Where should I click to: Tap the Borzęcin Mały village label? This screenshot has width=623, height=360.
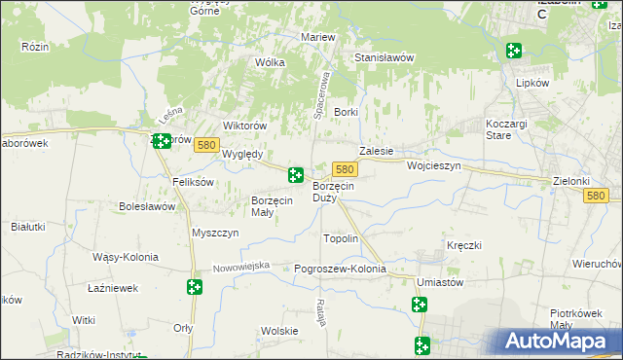[x=272, y=205]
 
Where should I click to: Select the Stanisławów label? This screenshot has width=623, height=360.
[x=385, y=57]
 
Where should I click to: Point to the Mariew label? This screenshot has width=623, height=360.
[x=318, y=37]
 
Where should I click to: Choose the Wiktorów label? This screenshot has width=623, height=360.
[x=245, y=126]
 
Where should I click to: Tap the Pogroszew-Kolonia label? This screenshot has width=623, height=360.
[x=340, y=269]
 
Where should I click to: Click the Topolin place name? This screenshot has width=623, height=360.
[x=341, y=238]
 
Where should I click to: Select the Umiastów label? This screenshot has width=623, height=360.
[x=438, y=282]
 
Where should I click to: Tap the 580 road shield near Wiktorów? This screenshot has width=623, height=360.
[x=205, y=145]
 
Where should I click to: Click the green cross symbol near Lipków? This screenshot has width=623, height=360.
[x=513, y=51]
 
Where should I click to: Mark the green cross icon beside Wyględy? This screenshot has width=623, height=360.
[x=295, y=175]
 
